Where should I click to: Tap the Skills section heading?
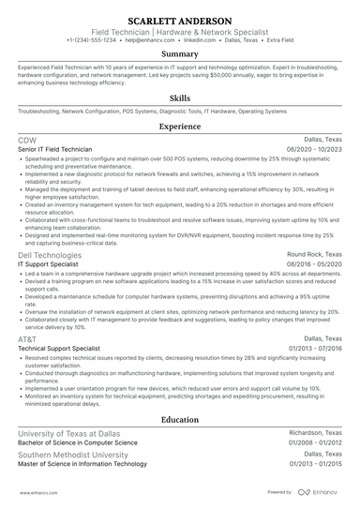point(180,97)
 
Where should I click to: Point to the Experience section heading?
point(180,126)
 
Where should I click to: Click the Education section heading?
point(180,420)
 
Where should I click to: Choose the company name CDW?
point(27,140)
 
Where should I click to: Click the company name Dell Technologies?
point(52,254)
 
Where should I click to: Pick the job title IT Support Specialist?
point(48,264)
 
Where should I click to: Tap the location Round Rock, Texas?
point(314,254)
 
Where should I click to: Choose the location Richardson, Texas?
point(315,432)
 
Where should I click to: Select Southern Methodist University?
point(69,454)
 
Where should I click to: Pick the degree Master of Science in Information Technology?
point(82,464)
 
